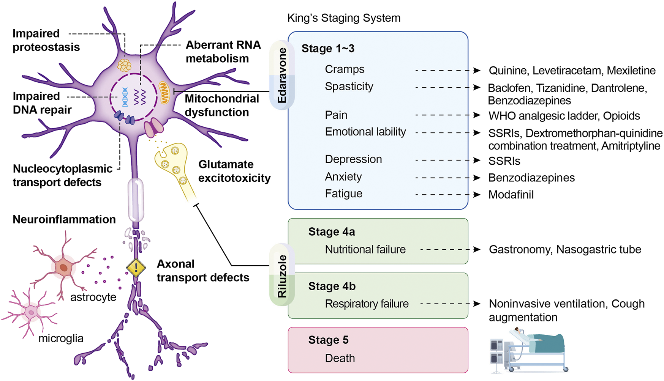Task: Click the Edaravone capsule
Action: coord(282,75)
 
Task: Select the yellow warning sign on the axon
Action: coord(136,268)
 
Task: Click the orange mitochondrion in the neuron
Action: coord(164,93)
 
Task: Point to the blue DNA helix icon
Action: coord(125,97)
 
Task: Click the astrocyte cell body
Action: coord(63,268)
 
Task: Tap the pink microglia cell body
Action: coord(32,312)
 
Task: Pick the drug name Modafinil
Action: coord(511,195)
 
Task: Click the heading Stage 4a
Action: coord(332,231)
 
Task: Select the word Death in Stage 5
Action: coord(340,358)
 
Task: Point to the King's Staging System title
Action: coord(344,18)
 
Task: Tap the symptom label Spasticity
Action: coord(349,87)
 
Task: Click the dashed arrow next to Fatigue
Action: coord(448,195)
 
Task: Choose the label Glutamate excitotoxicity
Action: coord(234,171)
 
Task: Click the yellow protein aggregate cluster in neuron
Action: coord(124,65)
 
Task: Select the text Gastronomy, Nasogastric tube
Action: coord(565,250)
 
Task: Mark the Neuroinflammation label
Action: coord(64,219)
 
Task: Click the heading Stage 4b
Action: coord(332,286)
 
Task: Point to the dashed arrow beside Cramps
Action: coord(448,70)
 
